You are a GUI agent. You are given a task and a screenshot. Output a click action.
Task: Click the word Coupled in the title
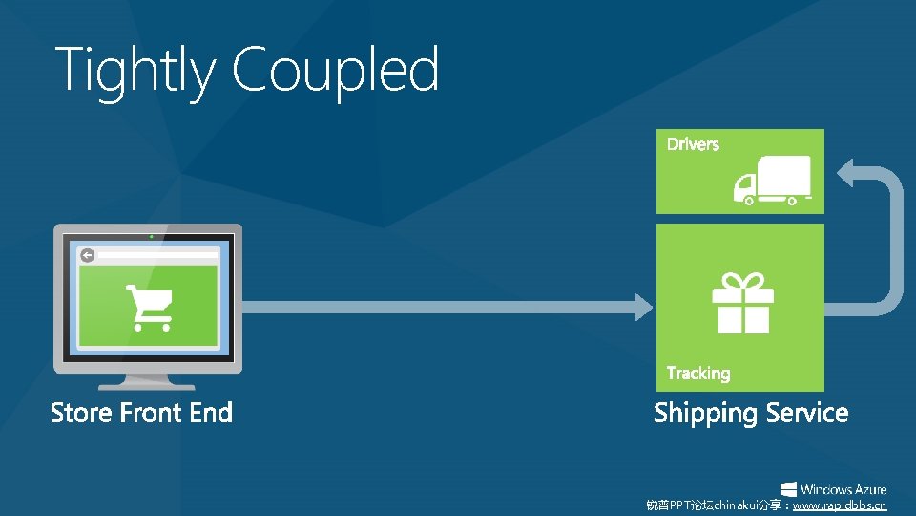coord(335,71)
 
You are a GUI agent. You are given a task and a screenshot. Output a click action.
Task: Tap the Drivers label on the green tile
coord(693,144)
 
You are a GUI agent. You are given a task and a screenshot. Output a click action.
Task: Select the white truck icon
coord(771,180)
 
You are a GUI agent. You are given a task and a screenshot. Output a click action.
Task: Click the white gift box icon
coord(742,303)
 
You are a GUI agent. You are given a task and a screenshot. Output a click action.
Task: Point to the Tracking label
coord(697,373)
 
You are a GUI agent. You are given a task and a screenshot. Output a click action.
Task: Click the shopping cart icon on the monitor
coord(149,307)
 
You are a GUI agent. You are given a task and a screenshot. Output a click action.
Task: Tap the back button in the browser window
coord(87,255)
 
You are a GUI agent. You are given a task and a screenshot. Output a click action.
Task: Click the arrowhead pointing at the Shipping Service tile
coord(643,306)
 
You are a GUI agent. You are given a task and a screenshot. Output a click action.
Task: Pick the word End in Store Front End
coord(211,413)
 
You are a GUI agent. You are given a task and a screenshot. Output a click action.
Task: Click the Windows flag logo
coord(788,489)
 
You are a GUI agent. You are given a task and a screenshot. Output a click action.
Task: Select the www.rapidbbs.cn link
coord(840,505)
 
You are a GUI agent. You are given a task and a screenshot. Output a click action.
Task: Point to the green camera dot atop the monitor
coord(150,235)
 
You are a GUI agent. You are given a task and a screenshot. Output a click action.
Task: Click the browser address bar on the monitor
coord(157,255)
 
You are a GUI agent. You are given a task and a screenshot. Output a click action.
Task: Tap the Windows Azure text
coord(843,489)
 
